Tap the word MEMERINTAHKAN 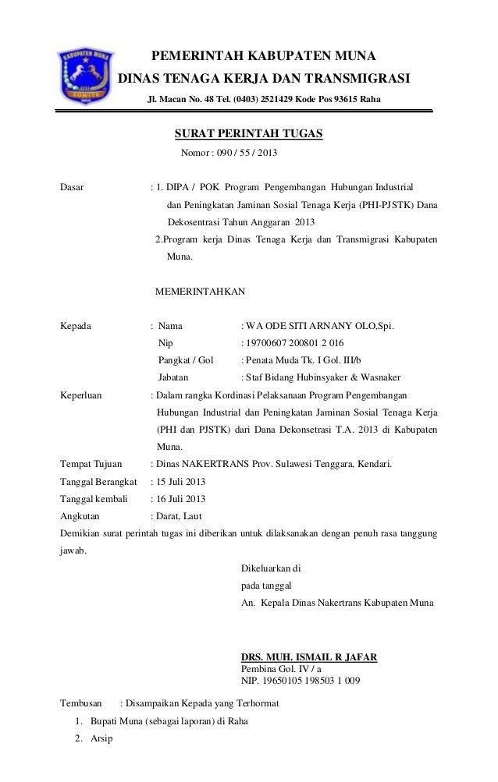pyautogui.click(x=200, y=292)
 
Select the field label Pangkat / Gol pyautogui.click(x=186, y=359)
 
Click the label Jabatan pyautogui.click(x=175, y=377)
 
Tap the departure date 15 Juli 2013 pyautogui.click(x=180, y=482)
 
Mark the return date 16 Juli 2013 pyautogui.click(x=180, y=499)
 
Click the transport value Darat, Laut pyautogui.click(x=180, y=516)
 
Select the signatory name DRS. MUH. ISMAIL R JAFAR pyautogui.click(x=311, y=658)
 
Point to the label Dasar pyautogui.click(x=73, y=188)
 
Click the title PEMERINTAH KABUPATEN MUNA pyautogui.click(x=263, y=57)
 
